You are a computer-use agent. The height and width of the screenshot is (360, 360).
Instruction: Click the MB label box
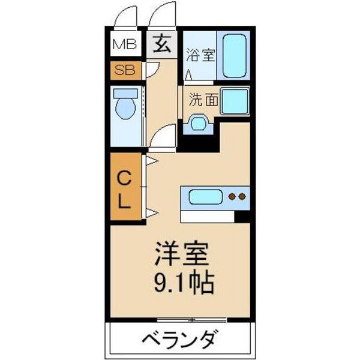point(125,44)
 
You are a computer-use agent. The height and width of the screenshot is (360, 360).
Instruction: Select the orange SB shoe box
point(125,70)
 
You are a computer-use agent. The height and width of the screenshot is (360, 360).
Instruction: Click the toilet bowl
point(125,108)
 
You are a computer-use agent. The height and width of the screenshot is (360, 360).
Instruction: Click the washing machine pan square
point(235,100)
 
